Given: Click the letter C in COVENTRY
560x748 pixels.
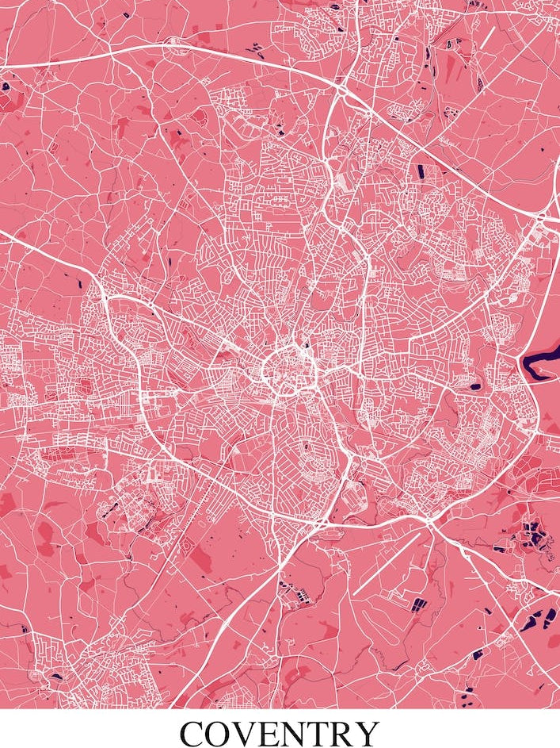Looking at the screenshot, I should pyautogui.click(x=195, y=734).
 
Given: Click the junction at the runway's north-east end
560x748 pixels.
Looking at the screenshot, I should pyautogui.click(x=429, y=524).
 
